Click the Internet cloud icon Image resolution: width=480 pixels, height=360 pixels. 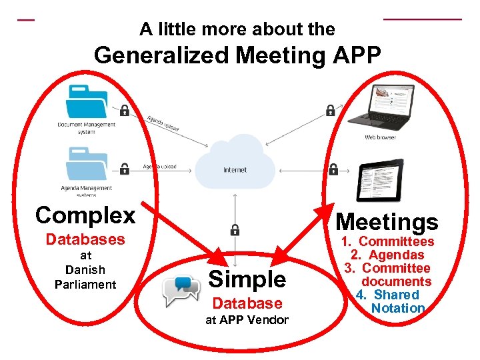tap(235, 163)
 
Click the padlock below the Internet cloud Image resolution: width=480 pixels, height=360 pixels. tap(235, 230)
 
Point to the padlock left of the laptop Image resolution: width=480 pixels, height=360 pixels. tap(330, 109)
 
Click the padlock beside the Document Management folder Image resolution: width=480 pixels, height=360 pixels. tap(124, 109)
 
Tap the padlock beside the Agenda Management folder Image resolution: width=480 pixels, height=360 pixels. tap(124, 168)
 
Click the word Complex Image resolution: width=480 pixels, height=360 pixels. tap(85, 215)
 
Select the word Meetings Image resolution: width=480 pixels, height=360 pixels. tap(387, 222)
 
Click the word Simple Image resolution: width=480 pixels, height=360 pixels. tap(247, 279)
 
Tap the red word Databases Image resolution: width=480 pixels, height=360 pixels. tap(85, 239)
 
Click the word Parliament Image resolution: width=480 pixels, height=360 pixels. tap(85, 285)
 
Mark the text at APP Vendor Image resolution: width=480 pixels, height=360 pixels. tap(247, 320)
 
